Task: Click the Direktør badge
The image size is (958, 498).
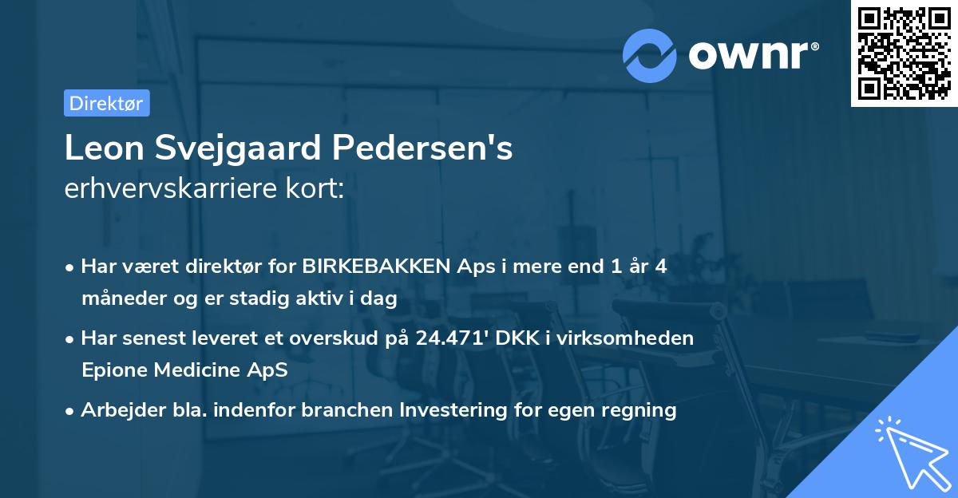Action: tap(106, 103)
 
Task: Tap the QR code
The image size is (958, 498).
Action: tap(904, 53)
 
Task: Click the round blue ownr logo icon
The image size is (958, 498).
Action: tap(650, 55)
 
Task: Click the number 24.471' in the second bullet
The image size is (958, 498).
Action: tap(452, 338)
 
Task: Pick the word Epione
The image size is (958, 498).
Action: tap(112, 370)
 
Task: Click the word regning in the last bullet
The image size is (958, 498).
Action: tap(642, 410)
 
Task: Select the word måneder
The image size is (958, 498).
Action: tap(118, 298)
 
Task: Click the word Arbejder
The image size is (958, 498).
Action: tap(117, 410)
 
